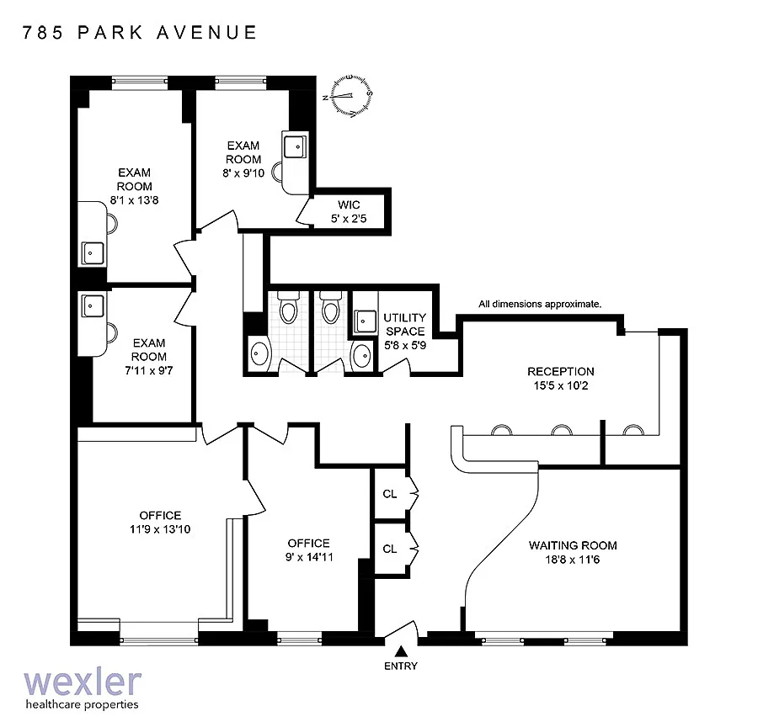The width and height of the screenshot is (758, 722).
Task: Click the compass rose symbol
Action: pos(350,96)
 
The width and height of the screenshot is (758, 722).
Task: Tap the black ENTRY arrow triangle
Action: pos(400,652)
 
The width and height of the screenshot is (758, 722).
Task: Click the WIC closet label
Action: pos(349,204)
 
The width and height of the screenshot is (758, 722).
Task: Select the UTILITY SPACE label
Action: pos(405,325)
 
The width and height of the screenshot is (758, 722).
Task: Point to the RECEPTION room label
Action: pos(561,371)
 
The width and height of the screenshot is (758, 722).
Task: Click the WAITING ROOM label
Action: pos(573,546)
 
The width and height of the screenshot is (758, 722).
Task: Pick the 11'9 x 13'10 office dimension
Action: pos(160,529)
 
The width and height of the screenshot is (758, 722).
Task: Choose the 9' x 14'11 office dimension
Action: pos(309,557)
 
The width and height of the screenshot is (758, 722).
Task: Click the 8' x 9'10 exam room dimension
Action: pos(243,173)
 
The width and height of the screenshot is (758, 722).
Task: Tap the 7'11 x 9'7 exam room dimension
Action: pos(149,370)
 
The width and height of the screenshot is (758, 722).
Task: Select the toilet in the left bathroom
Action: pos(288,308)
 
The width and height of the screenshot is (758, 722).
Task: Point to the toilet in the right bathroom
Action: pos(331,308)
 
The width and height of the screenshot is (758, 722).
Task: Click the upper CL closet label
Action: pos(390,494)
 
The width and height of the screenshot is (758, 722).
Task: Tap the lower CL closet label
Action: pos(390,549)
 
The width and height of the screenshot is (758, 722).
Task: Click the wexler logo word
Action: pos(83,682)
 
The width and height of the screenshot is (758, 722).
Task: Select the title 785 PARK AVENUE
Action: pos(139,32)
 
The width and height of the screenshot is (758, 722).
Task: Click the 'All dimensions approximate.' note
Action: pos(540,305)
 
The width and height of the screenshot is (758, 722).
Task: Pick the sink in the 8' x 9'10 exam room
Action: pos(295,146)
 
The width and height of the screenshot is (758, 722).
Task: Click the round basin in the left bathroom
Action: pos(259,354)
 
